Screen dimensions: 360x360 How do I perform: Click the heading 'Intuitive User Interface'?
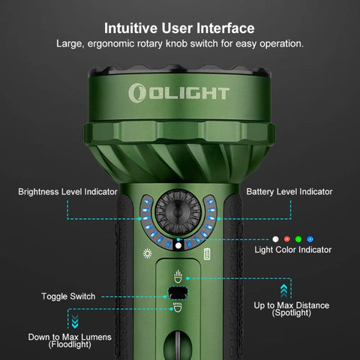point(179,28)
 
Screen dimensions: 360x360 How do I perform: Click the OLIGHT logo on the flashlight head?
point(179,92)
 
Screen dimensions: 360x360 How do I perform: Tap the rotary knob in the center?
point(178,212)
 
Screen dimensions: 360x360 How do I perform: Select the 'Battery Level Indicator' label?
point(289,192)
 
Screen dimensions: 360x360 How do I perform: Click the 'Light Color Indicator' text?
point(293,250)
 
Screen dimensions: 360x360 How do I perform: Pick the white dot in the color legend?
point(274,238)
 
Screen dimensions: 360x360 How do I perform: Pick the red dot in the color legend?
point(286,238)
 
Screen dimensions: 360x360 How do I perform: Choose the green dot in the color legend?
point(298,238)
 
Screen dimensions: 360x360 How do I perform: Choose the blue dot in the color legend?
point(310,238)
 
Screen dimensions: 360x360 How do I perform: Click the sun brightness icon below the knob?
point(148,254)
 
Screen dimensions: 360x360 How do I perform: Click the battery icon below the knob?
point(207,254)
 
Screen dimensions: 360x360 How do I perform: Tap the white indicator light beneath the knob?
point(178,245)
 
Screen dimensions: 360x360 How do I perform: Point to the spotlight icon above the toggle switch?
point(178,275)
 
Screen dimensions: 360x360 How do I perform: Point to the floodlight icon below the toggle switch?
point(178,308)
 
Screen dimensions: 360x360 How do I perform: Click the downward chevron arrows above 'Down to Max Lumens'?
point(73,322)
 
